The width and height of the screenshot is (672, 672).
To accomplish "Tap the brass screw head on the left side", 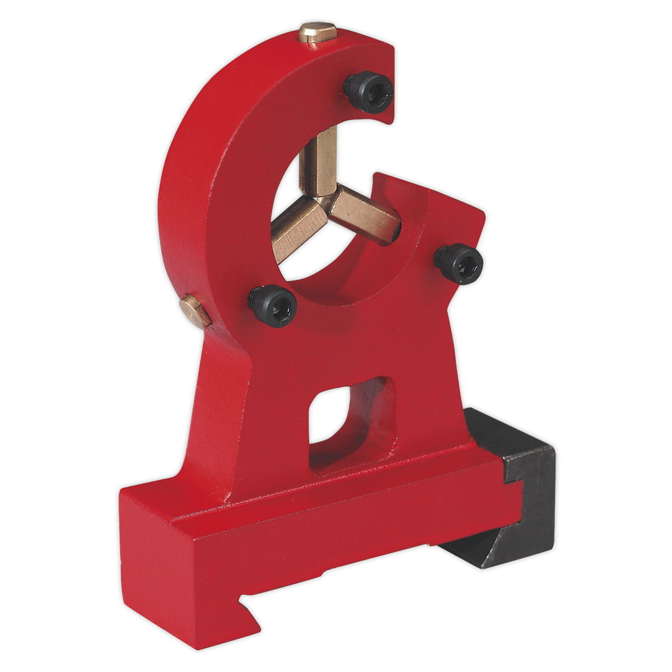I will (x=195, y=311).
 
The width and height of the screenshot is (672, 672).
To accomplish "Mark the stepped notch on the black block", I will (x=512, y=468).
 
